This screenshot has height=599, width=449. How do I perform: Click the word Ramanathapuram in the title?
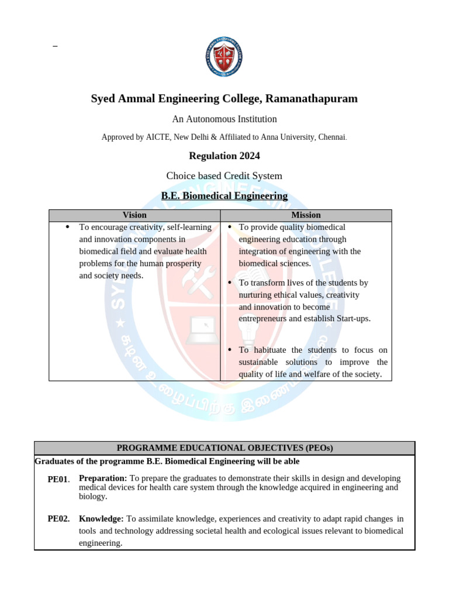[x=316, y=99]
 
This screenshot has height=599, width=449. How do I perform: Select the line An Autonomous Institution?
[x=224, y=119]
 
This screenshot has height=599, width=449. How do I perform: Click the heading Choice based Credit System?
[x=224, y=176]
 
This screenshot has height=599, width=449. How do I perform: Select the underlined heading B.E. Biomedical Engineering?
[x=224, y=196]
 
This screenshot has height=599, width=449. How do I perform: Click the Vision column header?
[x=134, y=215]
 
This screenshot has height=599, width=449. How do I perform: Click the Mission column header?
[x=306, y=215]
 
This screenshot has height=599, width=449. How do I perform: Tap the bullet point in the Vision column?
[x=68, y=227]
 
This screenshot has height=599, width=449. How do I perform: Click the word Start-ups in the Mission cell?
[x=353, y=319]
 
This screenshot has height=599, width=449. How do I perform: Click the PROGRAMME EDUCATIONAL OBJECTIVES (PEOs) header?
[x=224, y=448]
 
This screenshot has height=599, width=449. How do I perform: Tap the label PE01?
[x=58, y=480]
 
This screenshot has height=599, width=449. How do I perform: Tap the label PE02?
[x=58, y=519]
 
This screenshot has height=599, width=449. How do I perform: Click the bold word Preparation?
[x=103, y=478]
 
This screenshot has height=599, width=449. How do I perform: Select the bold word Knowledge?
[x=101, y=519]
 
